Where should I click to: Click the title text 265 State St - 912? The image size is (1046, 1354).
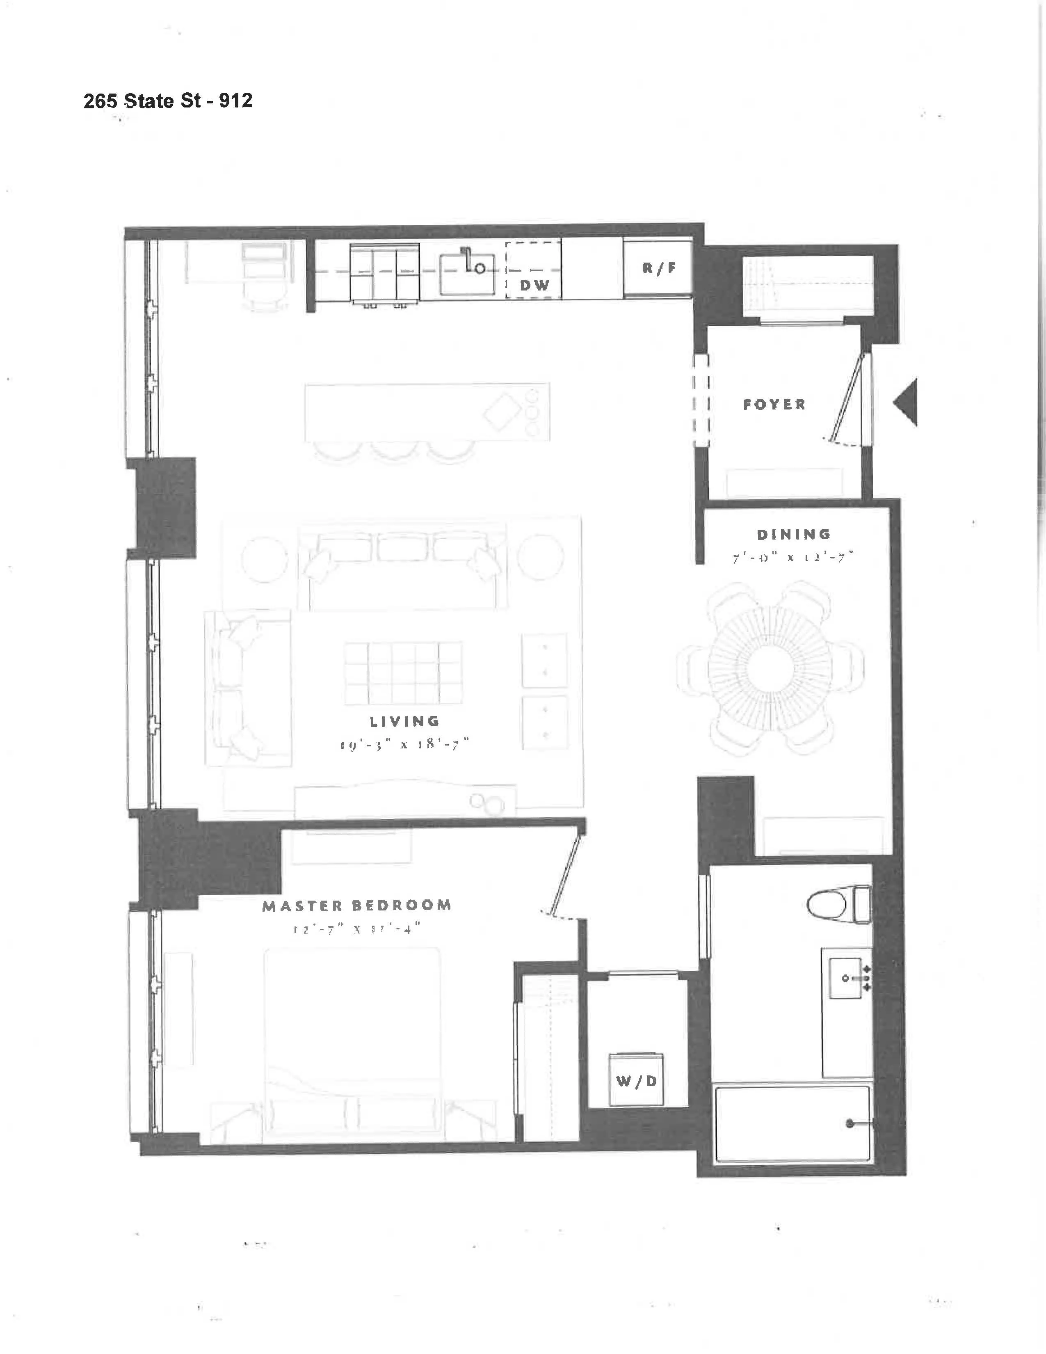coord(168,101)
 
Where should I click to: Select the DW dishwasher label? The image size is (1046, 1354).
coord(534,285)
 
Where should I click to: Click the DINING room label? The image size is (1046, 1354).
coord(794,534)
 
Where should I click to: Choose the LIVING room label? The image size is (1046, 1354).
coord(404,722)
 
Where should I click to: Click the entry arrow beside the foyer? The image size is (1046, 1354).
coord(906,403)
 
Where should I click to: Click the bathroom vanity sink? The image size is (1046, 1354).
coord(847,978)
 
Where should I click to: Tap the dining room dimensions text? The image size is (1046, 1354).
coord(794,557)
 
